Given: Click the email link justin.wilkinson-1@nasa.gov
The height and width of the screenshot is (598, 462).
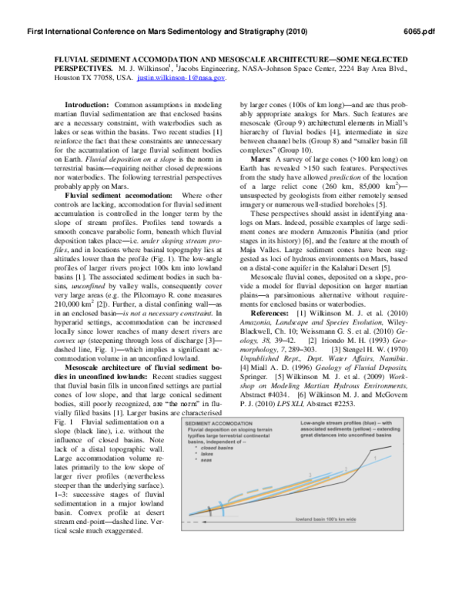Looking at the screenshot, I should point(181,78).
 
